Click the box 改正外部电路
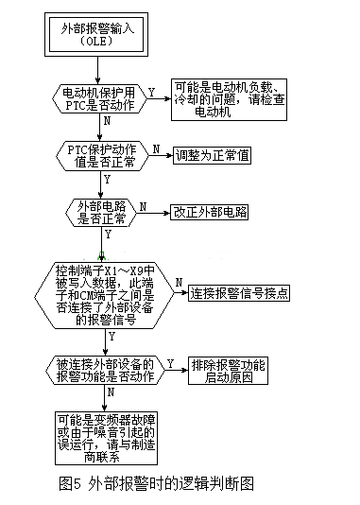[x=210, y=211]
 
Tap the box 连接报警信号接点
[x=238, y=292]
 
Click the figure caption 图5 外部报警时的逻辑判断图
[x=157, y=483]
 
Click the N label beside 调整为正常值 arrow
[x=155, y=148]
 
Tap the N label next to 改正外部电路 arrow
[x=143, y=204]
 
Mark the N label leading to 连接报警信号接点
[x=178, y=282]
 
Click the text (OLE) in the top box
[x=99, y=42]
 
